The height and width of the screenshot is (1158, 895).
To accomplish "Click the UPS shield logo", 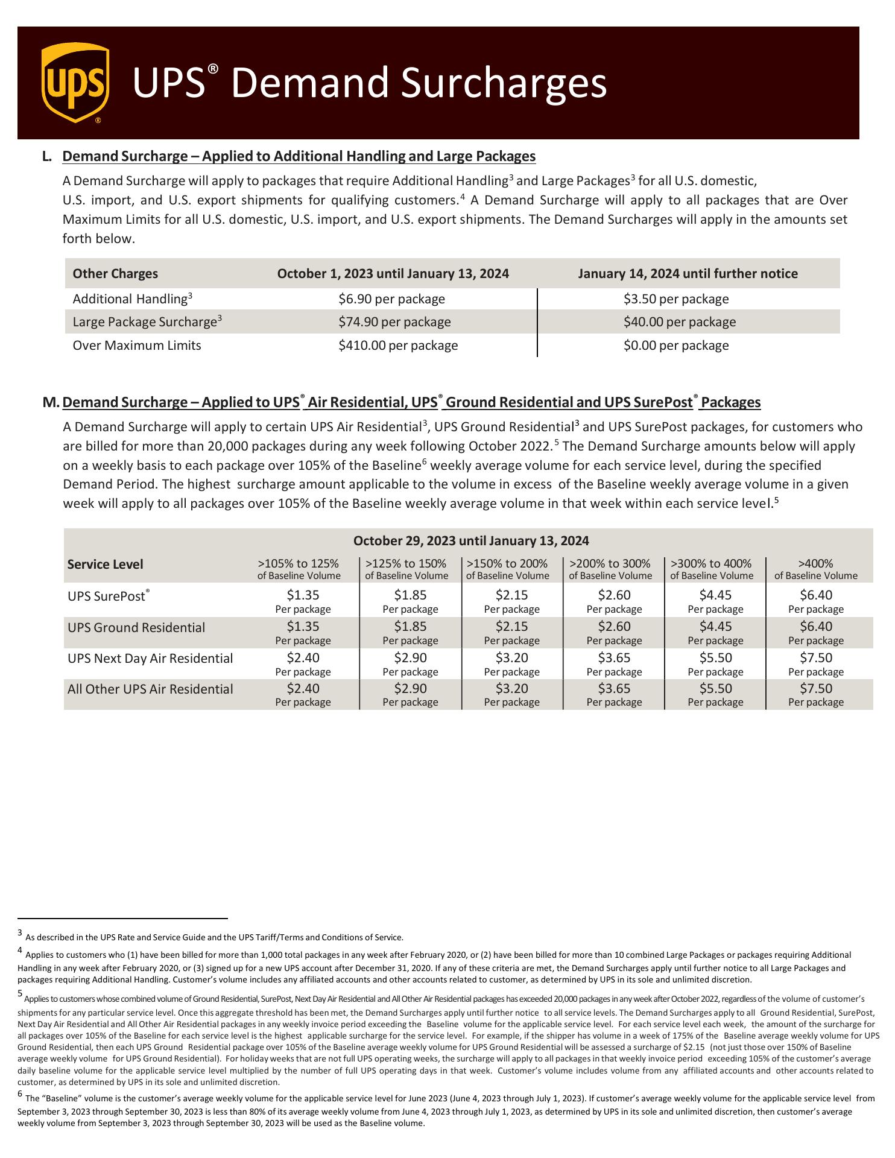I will pos(75,82).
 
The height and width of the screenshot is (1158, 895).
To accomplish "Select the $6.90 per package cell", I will pos(391,299).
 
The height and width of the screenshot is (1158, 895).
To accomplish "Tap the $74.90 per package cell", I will pos(394,322).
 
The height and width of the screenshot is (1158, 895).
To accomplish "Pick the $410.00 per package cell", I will pos(398,346).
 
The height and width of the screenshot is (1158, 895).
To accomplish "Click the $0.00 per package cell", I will pos(676,346).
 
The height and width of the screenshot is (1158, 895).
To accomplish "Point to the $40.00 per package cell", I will pos(680,322).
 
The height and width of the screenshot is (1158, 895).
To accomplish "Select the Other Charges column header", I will pos(115,274).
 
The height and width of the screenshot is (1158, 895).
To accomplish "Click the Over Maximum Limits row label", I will pos(137,346).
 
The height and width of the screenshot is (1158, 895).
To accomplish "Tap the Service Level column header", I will pos(106,565).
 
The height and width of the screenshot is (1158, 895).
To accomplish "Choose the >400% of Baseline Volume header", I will pos(815,569).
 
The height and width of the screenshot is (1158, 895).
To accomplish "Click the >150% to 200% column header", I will pos(507,569).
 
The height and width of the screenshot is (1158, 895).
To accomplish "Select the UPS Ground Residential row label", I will pos(136,628).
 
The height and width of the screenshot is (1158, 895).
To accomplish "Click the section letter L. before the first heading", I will pos(48,157).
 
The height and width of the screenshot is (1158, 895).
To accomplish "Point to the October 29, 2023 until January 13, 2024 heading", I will pos(471,541).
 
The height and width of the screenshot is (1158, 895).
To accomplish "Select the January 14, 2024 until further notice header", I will pos(688,274).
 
